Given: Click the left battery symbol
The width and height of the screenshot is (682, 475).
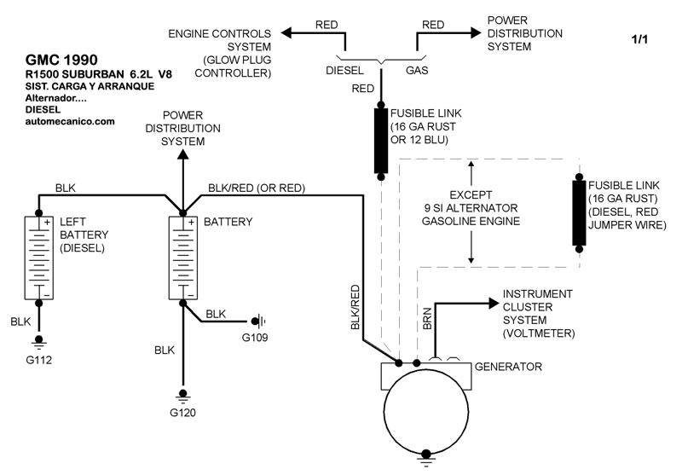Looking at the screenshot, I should tap(38, 258).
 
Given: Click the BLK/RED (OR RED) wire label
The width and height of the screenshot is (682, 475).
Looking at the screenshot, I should tap(257, 188).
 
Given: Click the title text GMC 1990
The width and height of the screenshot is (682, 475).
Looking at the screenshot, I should tap(61, 61).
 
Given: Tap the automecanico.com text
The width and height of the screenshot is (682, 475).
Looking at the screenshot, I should tap(69, 122).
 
